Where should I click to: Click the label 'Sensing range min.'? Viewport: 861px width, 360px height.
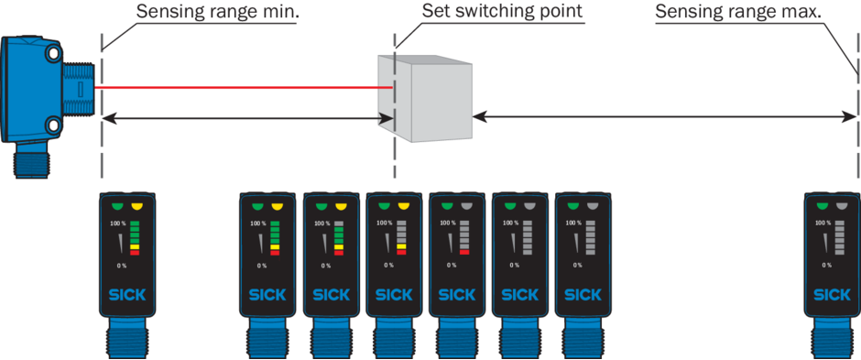[x=217, y=12]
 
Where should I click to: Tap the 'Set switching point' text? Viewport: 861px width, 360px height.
[x=502, y=12]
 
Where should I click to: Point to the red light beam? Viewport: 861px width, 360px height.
[x=244, y=87]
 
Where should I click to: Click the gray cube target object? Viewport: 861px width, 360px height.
[x=424, y=98]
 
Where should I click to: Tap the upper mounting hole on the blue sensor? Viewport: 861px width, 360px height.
[x=53, y=53]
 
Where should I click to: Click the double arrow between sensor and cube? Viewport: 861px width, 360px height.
[x=248, y=116]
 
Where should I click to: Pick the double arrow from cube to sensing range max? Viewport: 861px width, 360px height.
[x=664, y=116]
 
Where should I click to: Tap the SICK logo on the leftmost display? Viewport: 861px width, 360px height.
[x=127, y=294]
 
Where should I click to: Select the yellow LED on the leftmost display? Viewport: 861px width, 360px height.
[x=136, y=207]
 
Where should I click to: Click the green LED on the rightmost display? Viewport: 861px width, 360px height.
[x=823, y=207]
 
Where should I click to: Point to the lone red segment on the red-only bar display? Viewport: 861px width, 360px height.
[x=464, y=253]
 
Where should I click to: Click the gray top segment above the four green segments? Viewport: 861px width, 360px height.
[x=338, y=224]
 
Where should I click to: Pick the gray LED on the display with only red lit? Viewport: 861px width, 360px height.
[x=467, y=207]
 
